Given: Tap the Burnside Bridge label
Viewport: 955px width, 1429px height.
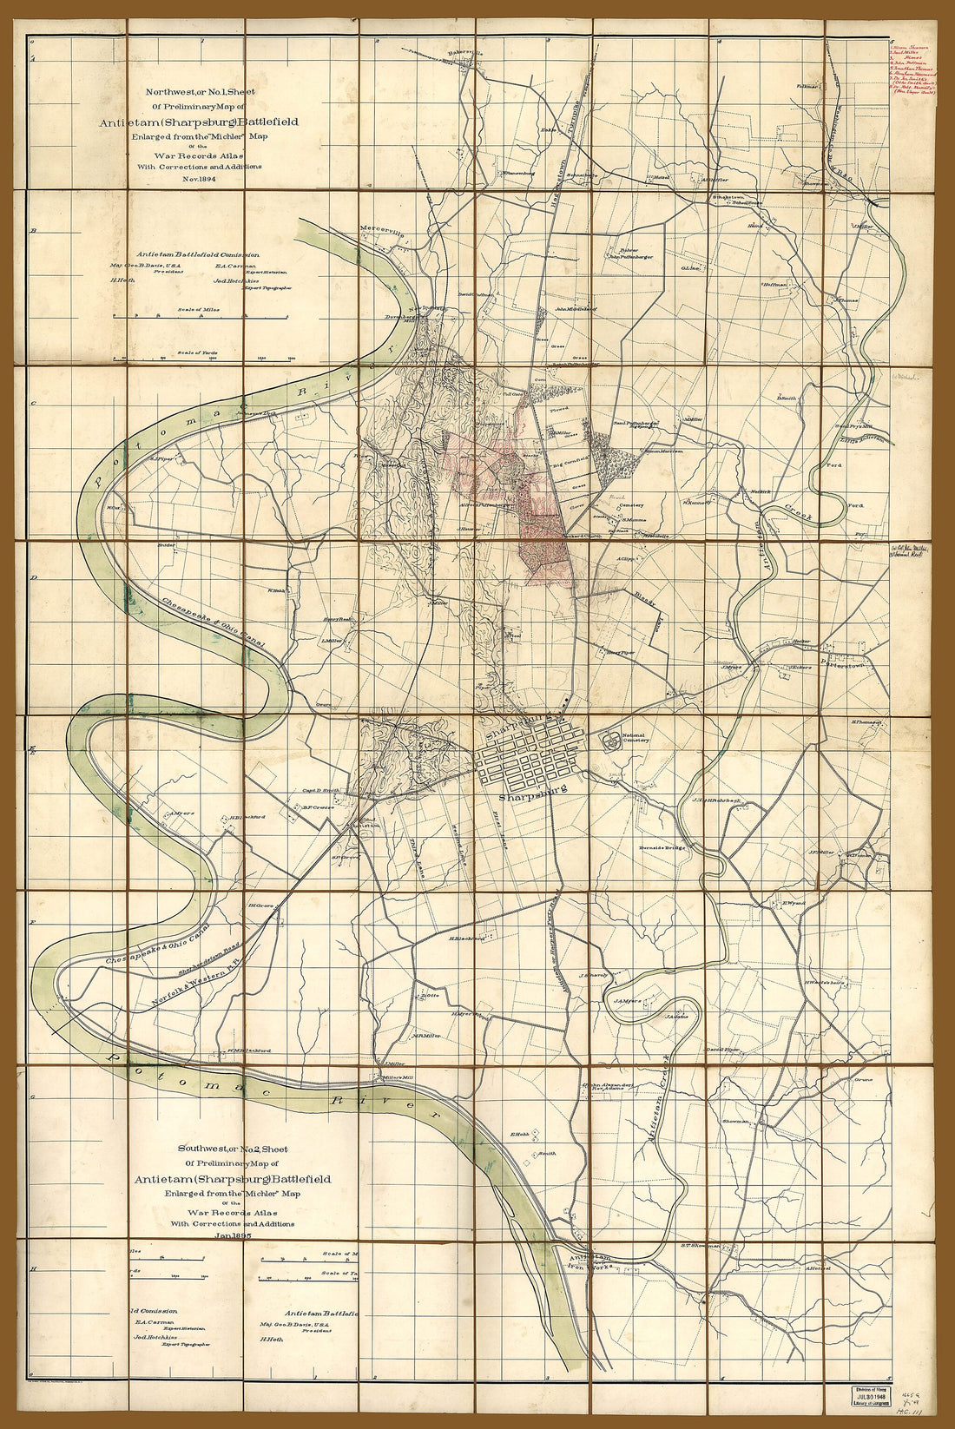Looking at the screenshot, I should (x=662, y=847).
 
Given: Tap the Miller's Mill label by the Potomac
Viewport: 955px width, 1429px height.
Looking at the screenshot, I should (x=392, y=1077).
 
